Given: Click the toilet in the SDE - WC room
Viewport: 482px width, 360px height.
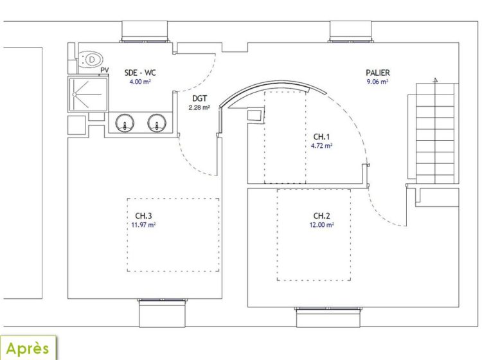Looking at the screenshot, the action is [90, 59].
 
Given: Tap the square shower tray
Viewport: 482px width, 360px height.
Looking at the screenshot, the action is [88, 94].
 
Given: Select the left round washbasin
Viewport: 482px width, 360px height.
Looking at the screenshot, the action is [125, 123].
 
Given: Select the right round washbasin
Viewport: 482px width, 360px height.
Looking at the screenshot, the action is [157, 123].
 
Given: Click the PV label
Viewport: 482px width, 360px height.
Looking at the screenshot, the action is [105, 70].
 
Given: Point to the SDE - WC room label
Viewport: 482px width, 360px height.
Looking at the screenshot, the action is [140, 73].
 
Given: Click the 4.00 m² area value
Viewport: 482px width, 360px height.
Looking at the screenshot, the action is [140, 82].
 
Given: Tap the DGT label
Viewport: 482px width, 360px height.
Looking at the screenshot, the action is [199, 98].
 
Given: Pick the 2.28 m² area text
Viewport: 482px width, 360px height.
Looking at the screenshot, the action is [199, 107].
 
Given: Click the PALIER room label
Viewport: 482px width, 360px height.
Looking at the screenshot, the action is [377, 73].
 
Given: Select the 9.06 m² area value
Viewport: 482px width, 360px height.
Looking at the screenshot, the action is [377, 82].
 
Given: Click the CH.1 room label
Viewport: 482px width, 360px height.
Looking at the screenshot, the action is [321, 136].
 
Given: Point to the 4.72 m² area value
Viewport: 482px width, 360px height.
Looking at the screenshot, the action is [321, 146].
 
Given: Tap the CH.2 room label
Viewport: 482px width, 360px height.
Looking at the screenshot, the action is [321, 215].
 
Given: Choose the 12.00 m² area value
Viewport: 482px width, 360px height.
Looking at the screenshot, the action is [321, 225].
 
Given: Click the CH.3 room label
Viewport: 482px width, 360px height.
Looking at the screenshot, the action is [143, 215].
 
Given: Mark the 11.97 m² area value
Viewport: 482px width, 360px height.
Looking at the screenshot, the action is [143, 225].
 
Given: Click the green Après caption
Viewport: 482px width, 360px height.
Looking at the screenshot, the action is [28, 348].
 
